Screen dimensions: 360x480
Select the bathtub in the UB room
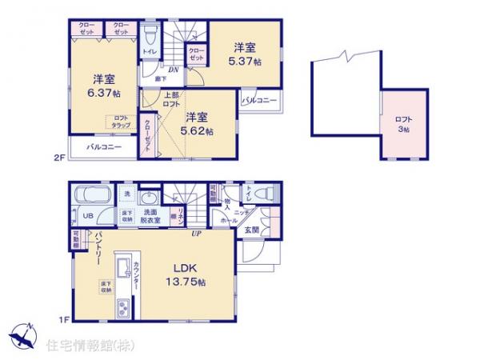coord(92,197)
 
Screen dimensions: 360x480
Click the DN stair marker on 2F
coord(173,70)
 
